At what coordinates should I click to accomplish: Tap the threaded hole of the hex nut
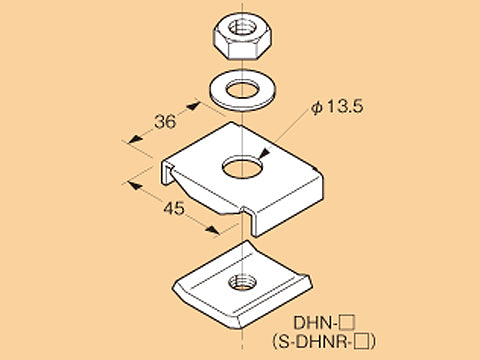pos(243,26)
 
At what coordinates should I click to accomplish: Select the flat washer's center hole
pos(243,89)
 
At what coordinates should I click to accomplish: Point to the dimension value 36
pos(165,122)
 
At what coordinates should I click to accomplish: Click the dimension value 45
pos(174,208)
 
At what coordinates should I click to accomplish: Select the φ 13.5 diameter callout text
pos(337,107)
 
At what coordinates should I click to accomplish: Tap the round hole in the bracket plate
pos(242,166)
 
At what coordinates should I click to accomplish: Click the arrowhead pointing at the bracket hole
pos(264,154)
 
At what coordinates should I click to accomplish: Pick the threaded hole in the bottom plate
pos(242,282)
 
